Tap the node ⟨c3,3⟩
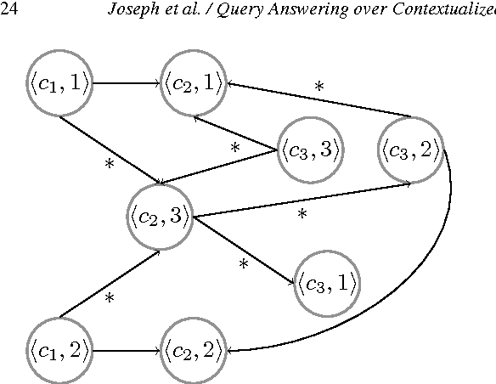[312, 150]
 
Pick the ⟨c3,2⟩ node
[410, 150]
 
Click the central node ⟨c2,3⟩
[161, 216]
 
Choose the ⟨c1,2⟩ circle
[58, 348]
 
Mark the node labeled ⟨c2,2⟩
[195, 348]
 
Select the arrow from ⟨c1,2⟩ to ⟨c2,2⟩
[127, 348]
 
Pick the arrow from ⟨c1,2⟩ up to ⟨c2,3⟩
[110, 284]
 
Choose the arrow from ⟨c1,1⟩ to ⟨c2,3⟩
[110, 146]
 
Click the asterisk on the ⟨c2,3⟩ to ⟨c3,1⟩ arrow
[243, 265]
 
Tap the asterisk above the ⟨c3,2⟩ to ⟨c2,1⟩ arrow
[319, 87]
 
